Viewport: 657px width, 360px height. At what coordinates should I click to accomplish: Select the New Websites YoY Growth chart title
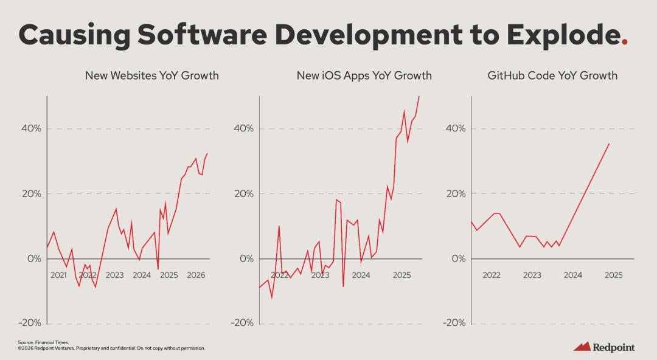(151, 76)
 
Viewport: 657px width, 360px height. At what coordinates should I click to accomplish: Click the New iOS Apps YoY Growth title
(364, 76)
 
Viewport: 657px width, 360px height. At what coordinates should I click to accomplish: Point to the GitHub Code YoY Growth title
(552, 76)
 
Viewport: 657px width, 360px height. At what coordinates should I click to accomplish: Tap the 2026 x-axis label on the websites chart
(195, 275)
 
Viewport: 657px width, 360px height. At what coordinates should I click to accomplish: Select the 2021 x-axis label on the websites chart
(58, 275)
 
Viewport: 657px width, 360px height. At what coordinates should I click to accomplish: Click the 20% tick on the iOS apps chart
(243, 194)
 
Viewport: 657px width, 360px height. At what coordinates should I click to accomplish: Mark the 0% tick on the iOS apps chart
(246, 258)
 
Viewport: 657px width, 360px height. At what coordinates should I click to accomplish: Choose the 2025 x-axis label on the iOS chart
(401, 275)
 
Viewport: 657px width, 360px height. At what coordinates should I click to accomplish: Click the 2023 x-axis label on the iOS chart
(320, 275)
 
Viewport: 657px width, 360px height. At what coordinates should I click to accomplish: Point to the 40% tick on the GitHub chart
(456, 129)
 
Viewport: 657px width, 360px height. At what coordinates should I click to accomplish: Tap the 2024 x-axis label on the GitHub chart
(572, 275)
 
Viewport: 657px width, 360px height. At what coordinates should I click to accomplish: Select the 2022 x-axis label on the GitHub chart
(491, 275)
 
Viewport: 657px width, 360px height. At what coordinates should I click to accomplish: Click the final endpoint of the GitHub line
(609, 144)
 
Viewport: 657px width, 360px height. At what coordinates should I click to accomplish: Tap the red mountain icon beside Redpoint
(582, 347)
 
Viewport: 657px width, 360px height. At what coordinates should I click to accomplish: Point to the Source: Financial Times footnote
(35, 343)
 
